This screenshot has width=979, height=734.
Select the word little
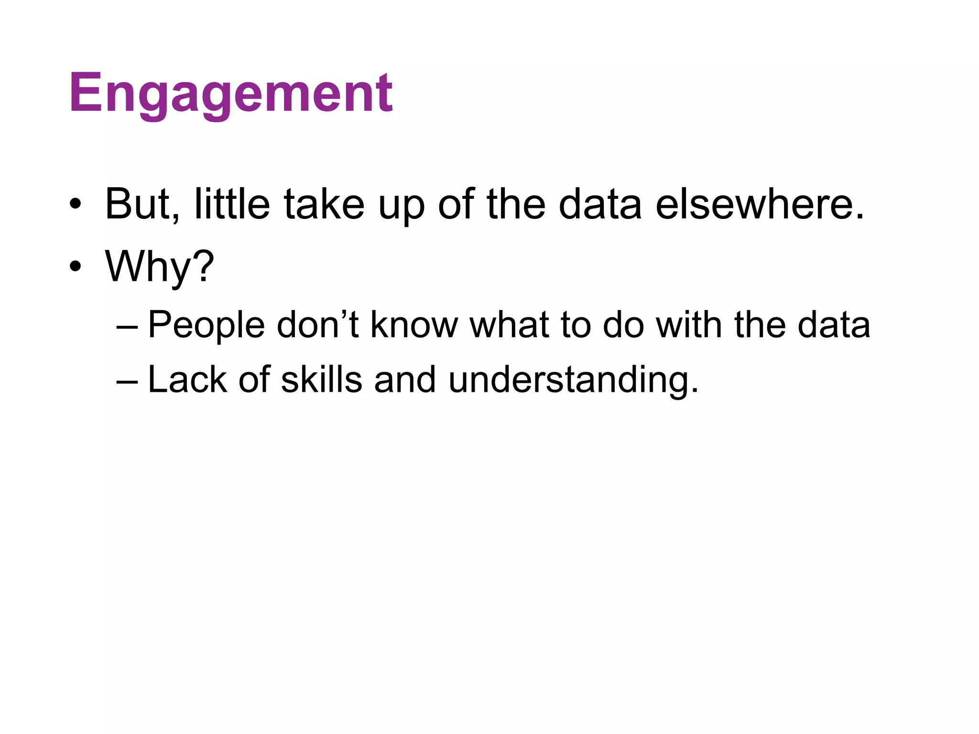point(232,205)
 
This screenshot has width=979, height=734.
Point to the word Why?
point(160,267)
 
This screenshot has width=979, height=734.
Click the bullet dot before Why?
point(75,267)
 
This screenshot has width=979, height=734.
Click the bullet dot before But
point(75,205)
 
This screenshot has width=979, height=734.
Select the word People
point(206,325)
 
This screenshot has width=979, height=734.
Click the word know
point(414,325)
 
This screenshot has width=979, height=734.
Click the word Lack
point(187,380)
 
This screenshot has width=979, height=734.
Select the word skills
point(321,380)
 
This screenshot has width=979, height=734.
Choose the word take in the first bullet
point(324,205)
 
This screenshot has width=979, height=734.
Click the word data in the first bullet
point(600,205)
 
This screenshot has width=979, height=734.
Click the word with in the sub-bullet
point(689,325)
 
